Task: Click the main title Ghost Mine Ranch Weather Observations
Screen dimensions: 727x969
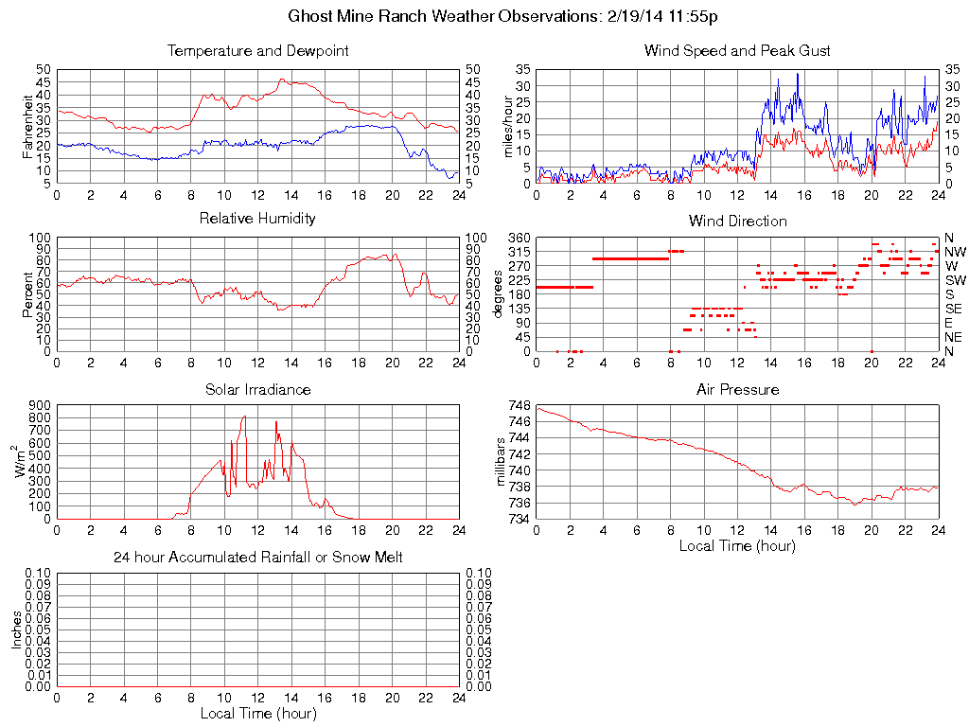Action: click(509, 16)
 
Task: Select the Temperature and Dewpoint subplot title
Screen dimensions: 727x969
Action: click(257, 50)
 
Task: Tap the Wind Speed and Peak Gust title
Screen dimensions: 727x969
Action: click(737, 50)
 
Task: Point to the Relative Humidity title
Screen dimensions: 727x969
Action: click(257, 219)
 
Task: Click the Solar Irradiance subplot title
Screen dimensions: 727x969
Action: click(257, 389)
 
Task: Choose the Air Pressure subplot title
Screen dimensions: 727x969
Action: click(737, 389)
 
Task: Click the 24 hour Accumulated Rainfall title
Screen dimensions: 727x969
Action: click(257, 558)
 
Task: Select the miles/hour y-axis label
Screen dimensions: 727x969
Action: click(508, 126)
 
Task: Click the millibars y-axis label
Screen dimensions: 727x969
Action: click(502, 462)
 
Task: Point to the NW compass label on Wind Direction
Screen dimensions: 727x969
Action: click(955, 252)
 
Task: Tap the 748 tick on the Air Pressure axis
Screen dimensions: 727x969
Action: click(519, 406)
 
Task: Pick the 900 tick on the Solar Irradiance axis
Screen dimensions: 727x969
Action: click(39, 406)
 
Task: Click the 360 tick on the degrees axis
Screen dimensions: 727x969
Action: click(518, 238)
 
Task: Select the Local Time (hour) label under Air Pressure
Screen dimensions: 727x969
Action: click(737, 545)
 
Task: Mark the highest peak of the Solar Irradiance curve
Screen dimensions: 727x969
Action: click(244, 416)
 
